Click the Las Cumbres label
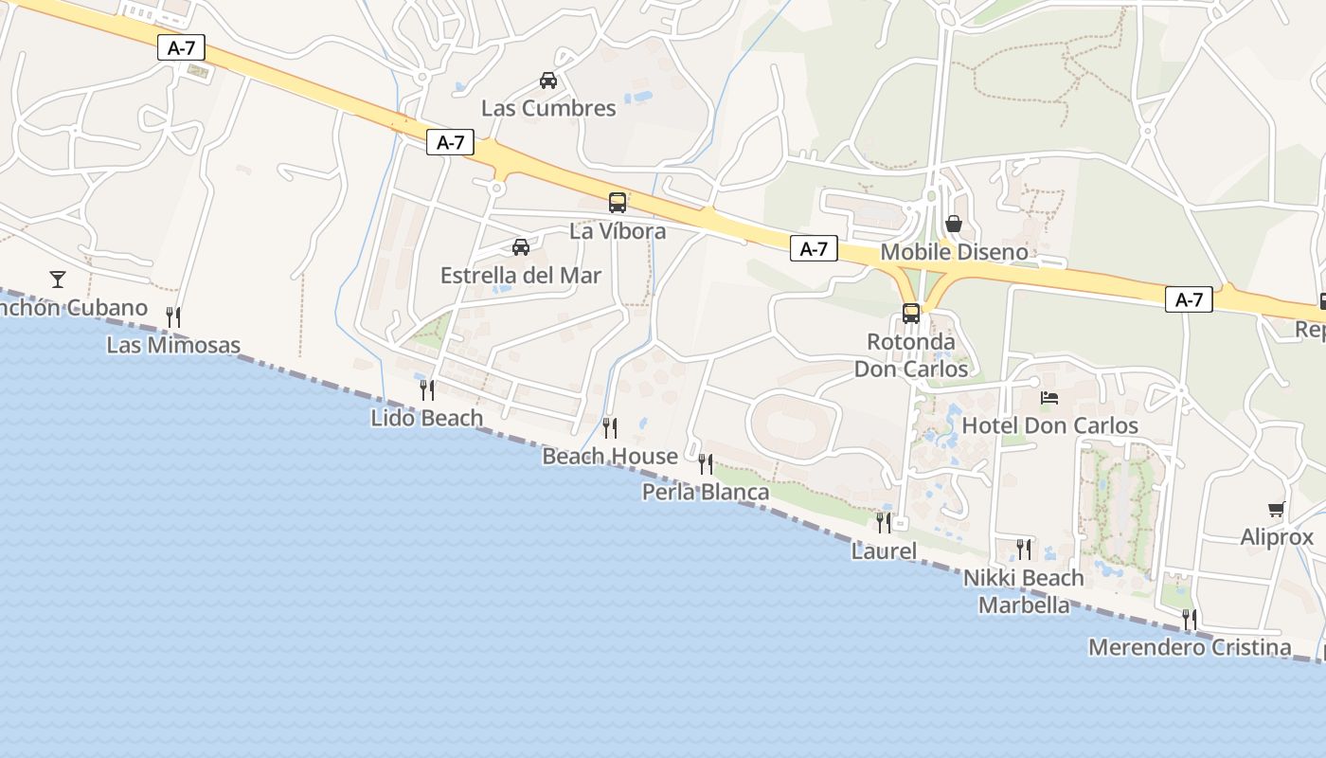pyautogui.click(x=548, y=108)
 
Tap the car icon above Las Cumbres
pyautogui.click(x=547, y=81)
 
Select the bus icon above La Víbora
pyautogui.click(x=618, y=202)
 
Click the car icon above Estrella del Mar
pyautogui.click(x=520, y=247)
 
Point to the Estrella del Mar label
pyautogui.click(x=521, y=276)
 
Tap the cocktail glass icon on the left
pyautogui.click(x=58, y=279)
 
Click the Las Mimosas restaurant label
pyautogui.click(x=173, y=345)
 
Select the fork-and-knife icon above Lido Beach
pyautogui.click(x=426, y=389)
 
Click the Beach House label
pyautogui.click(x=610, y=457)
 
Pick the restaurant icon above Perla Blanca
pyautogui.click(x=706, y=463)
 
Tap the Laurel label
pyautogui.click(x=884, y=550)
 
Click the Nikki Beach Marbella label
pyautogui.click(x=1024, y=591)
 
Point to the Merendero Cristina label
pyautogui.click(x=1190, y=648)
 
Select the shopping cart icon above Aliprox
pyautogui.click(x=1277, y=510)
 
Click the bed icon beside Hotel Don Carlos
pyautogui.click(x=1049, y=398)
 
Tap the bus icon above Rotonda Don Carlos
pyautogui.click(x=911, y=314)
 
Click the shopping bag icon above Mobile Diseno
pyautogui.click(x=954, y=224)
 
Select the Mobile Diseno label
pyautogui.click(x=954, y=252)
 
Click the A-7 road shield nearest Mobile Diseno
pyautogui.click(x=814, y=249)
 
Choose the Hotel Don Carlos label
pyautogui.click(x=1049, y=426)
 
